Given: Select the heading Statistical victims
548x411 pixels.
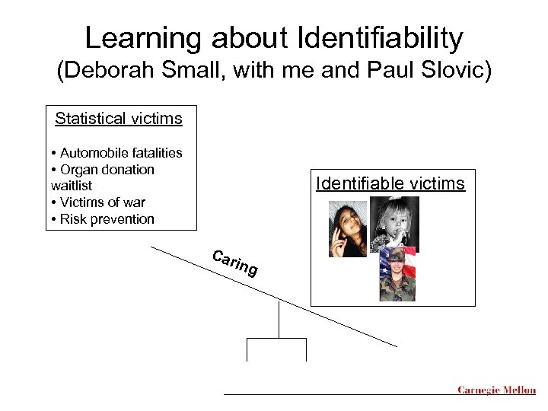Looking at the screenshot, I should [118, 119].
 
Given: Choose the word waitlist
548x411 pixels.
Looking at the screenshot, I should [72, 186].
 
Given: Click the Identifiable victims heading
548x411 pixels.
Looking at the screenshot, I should [390, 183].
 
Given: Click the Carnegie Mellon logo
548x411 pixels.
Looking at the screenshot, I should [496, 390].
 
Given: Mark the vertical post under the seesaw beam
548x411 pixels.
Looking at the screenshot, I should [279, 320].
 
